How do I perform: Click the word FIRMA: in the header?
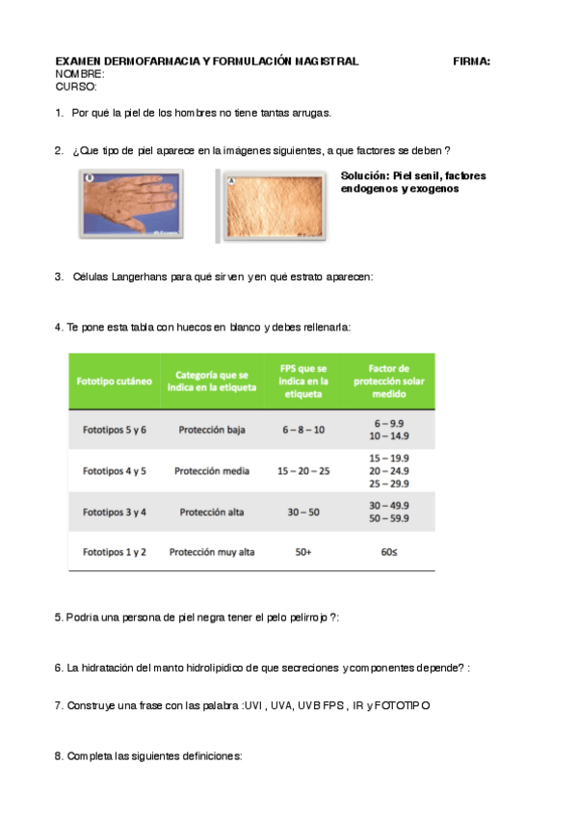tap(471, 61)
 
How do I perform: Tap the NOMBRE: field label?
tap(80, 73)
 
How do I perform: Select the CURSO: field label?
tap(76, 86)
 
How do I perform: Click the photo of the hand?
tap(130, 205)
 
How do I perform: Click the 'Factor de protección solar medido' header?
tap(390, 381)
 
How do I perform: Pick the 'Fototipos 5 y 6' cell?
tap(114, 430)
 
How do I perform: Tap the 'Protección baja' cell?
tap(212, 430)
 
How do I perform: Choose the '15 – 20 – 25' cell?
tap(303, 471)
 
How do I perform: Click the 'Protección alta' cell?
tap(212, 512)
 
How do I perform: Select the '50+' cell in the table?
tap(303, 552)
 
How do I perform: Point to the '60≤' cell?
tap(390, 552)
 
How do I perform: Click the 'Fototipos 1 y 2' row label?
tap(114, 552)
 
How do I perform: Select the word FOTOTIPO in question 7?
tap(407, 705)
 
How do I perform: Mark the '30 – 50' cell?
tap(303, 512)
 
